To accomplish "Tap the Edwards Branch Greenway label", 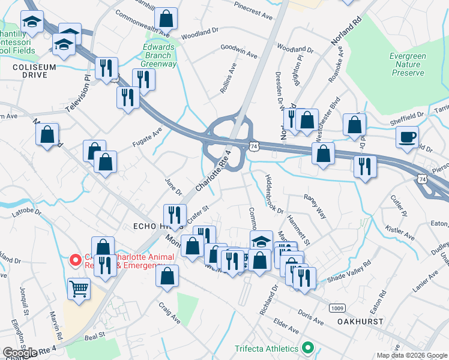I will (159, 55).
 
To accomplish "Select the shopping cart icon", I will (79, 289).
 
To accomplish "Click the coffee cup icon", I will (407, 137).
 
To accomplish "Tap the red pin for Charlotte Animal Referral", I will (75, 260).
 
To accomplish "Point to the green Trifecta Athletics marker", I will (309, 348).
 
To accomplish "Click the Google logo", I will (20, 353).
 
